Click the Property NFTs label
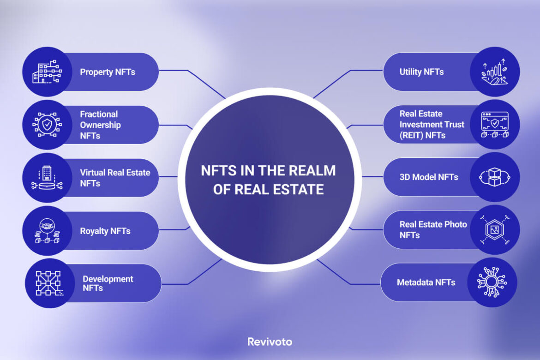point(108,72)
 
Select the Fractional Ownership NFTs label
point(100,125)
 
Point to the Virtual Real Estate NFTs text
point(115,178)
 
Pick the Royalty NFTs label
point(105,231)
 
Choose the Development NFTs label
point(108,283)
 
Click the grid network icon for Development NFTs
point(49,283)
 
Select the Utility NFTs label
point(421,72)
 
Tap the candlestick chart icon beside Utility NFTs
point(494,72)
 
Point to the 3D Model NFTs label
point(429,178)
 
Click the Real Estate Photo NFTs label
point(433,229)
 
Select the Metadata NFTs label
point(426,282)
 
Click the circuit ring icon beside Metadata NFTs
point(492,282)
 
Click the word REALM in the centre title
point(312,171)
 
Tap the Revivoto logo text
point(270,342)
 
